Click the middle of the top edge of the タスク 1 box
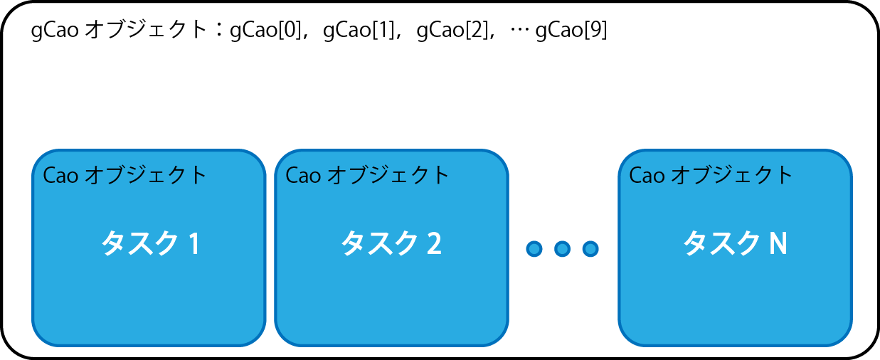[149, 149]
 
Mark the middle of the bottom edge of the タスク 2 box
[392, 346]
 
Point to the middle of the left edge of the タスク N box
[619, 248]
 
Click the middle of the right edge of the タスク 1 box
[265, 248]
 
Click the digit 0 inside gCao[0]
[289, 29]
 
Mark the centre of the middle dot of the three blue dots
[562, 249]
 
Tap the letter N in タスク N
[778, 244]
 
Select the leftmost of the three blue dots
[534, 249]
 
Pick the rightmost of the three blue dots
[590, 249]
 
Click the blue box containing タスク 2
[392, 248]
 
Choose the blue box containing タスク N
[736, 248]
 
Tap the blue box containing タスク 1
[149, 248]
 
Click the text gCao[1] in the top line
[359, 30]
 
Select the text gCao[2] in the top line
[452, 30]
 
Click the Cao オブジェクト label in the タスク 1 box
[124, 175]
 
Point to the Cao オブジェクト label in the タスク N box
[711, 175]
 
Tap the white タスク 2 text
[391, 243]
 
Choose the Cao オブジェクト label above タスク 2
[367, 175]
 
